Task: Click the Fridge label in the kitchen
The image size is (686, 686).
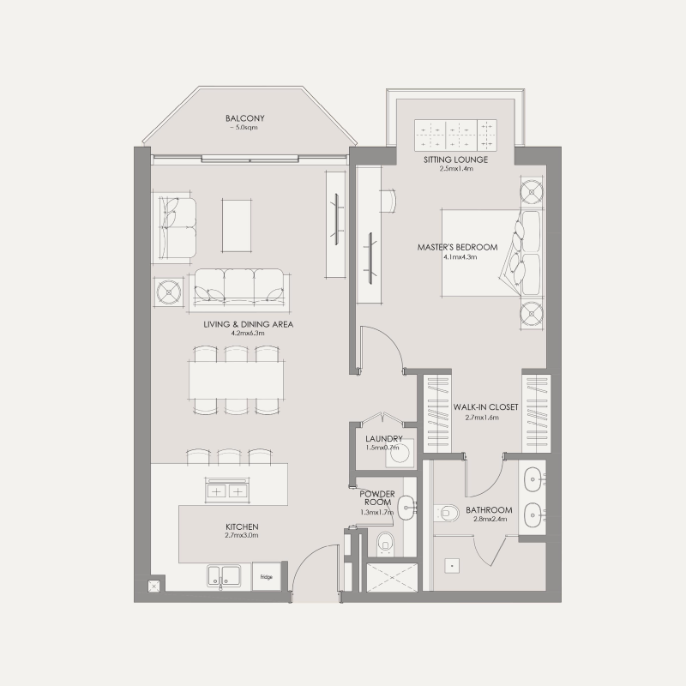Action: point(266,577)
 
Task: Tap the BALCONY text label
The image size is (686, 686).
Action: point(244,118)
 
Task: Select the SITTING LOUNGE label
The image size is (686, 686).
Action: point(455,159)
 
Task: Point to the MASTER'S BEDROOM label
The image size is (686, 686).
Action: point(446,248)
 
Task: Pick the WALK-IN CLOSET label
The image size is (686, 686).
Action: point(485,407)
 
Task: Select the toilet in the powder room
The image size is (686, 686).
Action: point(386,541)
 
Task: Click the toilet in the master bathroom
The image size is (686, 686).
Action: point(446,514)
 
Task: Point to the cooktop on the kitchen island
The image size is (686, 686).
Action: point(226,490)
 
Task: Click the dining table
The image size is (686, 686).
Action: point(237,377)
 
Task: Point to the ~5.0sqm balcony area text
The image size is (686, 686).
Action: point(244,128)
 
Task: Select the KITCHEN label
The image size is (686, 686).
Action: point(242,526)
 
